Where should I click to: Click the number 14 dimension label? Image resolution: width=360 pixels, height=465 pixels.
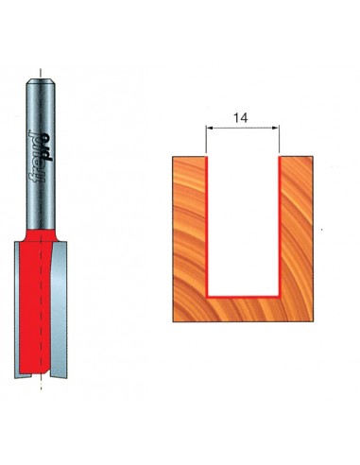click(x=240, y=118)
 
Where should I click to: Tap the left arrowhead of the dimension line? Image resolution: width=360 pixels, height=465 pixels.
click(x=209, y=128)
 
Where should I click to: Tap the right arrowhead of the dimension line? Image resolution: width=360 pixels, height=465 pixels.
click(x=276, y=128)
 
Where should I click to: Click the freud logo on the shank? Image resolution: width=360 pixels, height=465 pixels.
click(x=41, y=157)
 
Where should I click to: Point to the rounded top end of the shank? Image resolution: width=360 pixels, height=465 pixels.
click(x=41, y=81)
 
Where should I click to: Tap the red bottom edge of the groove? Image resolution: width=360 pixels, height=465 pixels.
click(x=243, y=297)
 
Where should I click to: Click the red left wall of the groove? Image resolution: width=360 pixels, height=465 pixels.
click(x=207, y=227)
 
